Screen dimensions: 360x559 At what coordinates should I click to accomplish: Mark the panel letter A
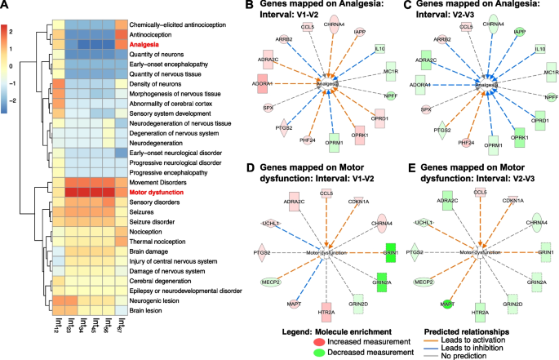click(x=6, y=7)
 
